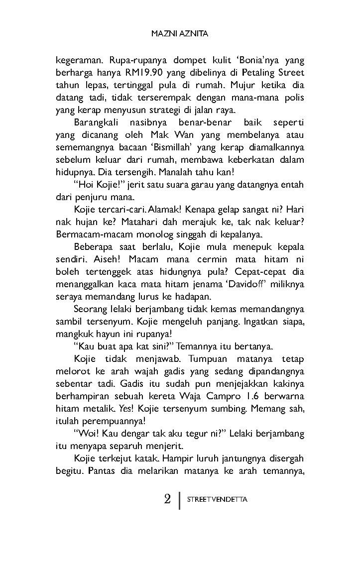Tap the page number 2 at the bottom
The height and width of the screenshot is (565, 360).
[x=167, y=499]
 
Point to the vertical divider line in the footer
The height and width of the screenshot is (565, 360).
[x=179, y=499]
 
